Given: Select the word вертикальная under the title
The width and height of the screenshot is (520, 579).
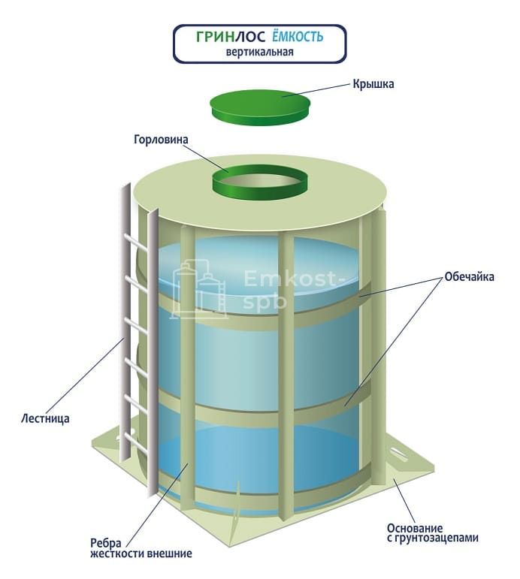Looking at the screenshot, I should coord(259,53).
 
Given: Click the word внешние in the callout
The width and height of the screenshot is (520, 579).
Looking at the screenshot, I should coord(167,554).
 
